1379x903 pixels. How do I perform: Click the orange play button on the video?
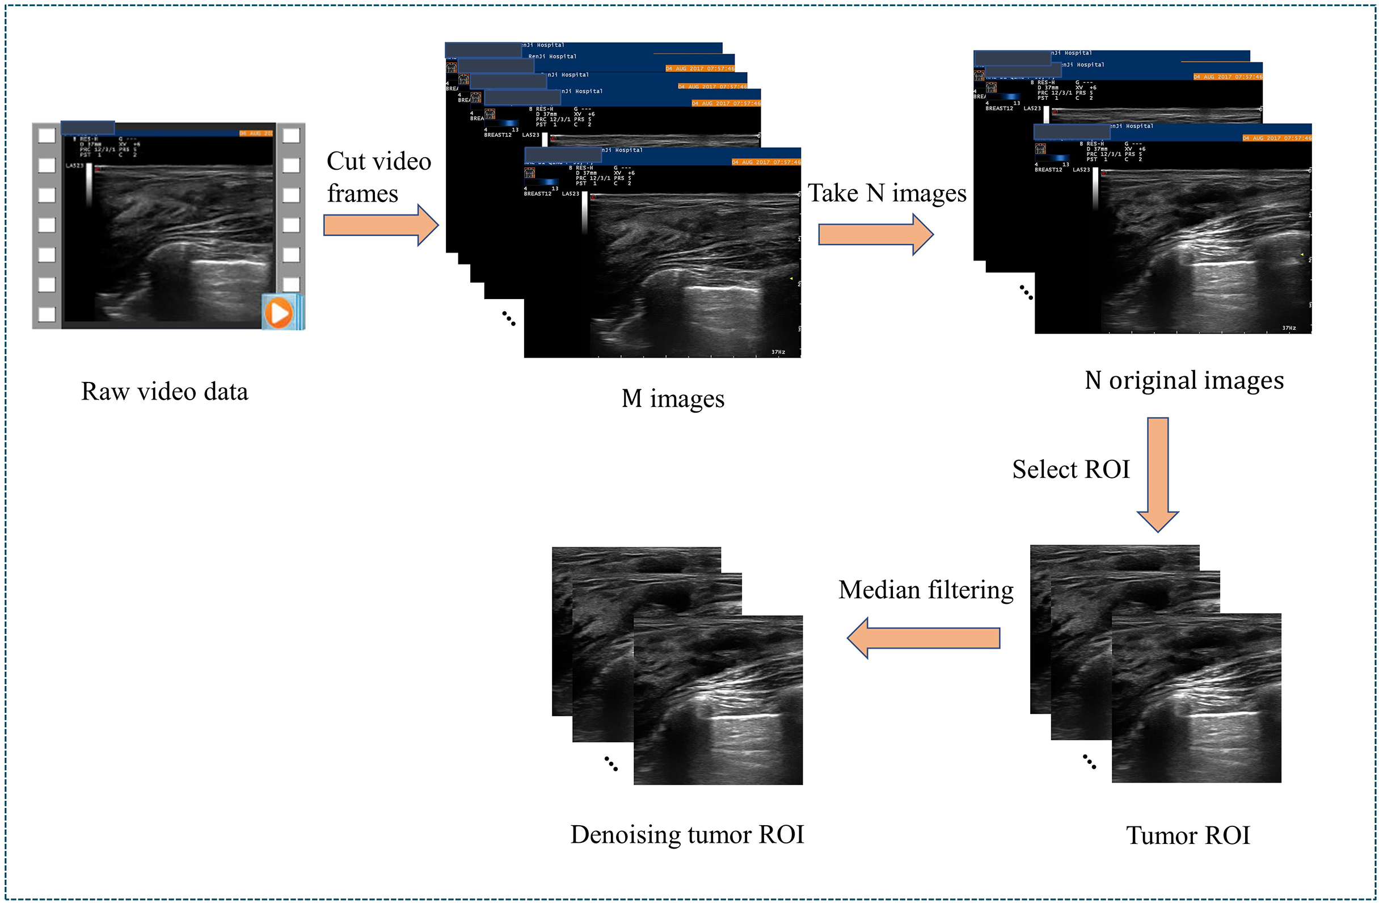coord(279,313)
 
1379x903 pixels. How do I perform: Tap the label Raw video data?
coord(165,392)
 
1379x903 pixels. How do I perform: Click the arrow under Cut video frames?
coord(380,225)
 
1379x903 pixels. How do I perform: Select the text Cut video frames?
coord(378,177)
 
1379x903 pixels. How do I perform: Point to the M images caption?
coord(673,399)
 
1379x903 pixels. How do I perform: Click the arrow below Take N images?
coord(875,234)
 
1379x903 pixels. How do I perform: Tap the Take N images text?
coord(887,193)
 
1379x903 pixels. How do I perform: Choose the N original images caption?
coord(1184,381)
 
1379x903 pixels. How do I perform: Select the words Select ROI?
coord(1071,469)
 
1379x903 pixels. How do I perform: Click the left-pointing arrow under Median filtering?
coord(923,637)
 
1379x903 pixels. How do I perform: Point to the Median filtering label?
coord(926,590)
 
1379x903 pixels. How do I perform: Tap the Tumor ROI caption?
coord(1188,836)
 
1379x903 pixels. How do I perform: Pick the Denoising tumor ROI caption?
coord(687,835)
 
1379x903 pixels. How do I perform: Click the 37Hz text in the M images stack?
coord(778,352)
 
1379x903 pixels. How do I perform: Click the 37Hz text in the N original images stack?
coord(1289,328)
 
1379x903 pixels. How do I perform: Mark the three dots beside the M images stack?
coord(508,318)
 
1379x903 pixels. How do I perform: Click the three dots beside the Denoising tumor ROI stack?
coord(611,763)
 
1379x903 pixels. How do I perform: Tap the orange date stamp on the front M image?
coord(765,162)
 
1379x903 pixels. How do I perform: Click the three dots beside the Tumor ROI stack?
coord(1089,762)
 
